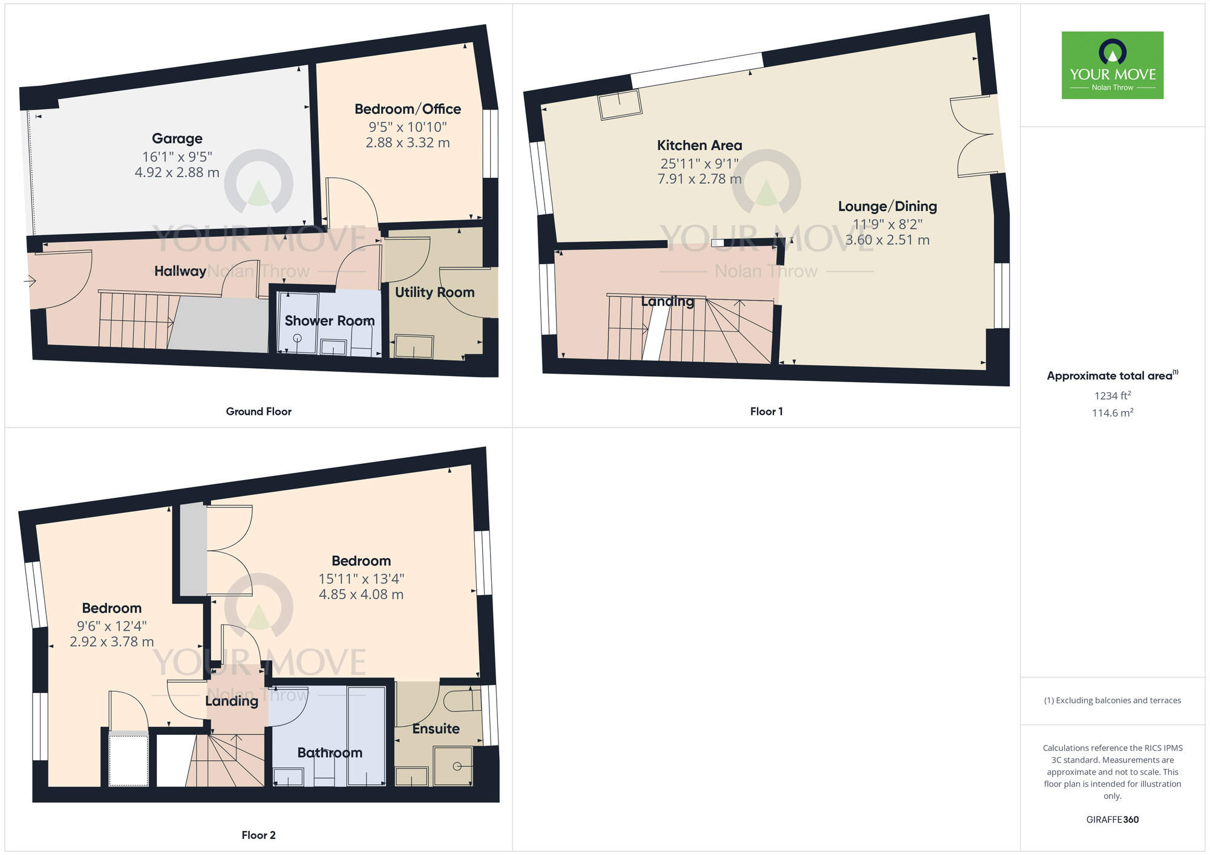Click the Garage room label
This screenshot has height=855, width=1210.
[x=177, y=138]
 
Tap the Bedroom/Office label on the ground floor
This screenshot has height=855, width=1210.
[x=407, y=109]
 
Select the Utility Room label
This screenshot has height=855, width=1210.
[x=434, y=292]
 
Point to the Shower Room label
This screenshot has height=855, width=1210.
[x=329, y=320]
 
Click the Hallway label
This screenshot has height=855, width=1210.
[x=180, y=271]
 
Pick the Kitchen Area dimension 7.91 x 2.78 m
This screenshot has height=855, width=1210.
[x=699, y=179]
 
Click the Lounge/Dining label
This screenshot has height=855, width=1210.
[x=887, y=206]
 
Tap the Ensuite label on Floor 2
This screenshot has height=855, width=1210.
[x=436, y=729]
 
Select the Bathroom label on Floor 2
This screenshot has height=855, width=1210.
[x=330, y=753]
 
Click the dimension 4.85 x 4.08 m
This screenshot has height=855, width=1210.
[x=361, y=594]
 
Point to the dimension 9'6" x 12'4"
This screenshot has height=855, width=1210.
[x=111, y=626]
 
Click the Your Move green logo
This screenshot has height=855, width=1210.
[x=1112, y=65]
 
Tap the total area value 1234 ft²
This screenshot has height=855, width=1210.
[x=1112, y=395]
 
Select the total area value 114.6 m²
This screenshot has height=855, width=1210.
[x=1112, y=413]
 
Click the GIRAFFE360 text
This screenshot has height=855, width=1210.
[x=1112, y=820]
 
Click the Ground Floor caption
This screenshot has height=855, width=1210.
[x=258, y=411]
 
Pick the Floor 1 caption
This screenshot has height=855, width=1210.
[x=766, y=411]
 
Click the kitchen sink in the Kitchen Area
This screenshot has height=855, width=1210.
[x=620, y=105]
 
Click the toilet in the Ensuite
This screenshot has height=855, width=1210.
[x=461, y=700]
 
